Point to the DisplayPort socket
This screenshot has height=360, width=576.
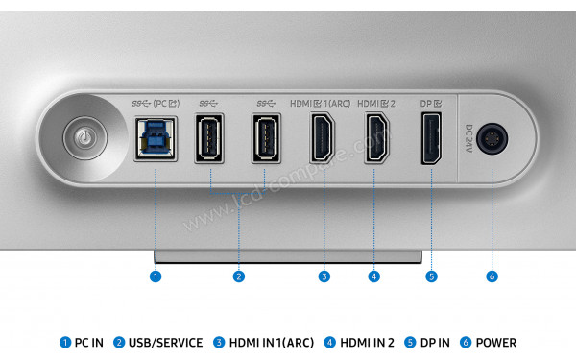[430, 138]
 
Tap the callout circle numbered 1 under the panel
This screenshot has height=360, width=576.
[156, 276]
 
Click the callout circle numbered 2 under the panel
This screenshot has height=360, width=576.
[239, 276]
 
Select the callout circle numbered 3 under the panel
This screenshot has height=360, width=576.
[324, 276]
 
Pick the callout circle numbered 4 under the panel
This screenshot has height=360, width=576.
[373, 276]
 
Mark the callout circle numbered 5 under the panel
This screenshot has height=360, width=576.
[431, 276]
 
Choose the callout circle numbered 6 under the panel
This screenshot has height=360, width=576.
[492, 276]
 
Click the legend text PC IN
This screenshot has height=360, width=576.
[89, 343]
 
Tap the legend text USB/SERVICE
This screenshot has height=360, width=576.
[165, 343]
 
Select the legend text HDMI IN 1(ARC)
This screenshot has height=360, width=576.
[270, 343]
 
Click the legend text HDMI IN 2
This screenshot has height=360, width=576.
[367, 343]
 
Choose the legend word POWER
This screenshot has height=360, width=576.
[495, 343]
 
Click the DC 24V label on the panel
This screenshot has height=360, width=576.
[469, 136]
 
